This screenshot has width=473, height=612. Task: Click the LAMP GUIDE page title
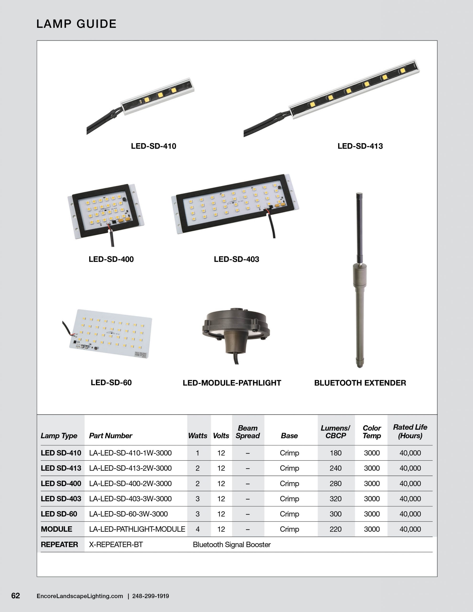click(76, 24)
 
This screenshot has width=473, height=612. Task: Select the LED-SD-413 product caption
click(360, 146)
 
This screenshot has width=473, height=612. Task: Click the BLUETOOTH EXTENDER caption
click(360, 383)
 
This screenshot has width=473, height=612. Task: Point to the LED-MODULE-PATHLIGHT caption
click(232, 383)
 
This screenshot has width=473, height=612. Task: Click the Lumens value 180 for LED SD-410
click(335, 453)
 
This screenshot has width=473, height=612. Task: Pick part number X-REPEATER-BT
click(116, 545)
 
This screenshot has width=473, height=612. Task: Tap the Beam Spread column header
click(247, 432)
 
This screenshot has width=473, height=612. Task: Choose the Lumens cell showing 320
click(335, 498)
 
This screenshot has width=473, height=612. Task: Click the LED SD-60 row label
click(59, 514)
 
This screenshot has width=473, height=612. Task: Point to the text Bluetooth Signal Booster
click(231, 545)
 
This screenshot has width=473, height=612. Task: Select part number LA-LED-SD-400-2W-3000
click(130, 483)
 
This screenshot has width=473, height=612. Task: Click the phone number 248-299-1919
click(151, 596)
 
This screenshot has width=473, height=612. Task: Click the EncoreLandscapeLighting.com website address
click(80, 596)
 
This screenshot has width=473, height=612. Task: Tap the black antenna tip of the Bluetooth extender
click(359, 224)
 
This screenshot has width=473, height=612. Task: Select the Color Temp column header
click(372, 432)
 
